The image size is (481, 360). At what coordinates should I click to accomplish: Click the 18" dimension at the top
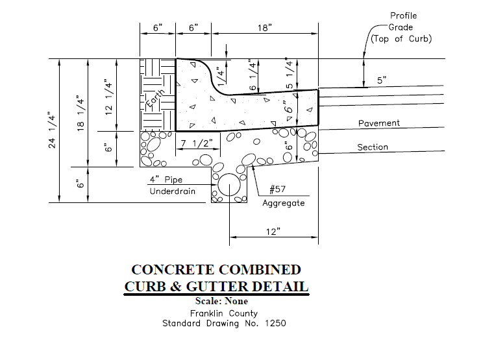click(265, 28)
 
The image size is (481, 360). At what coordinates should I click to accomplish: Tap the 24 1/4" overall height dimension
click(52, 130)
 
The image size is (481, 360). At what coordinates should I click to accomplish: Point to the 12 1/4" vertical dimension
click(109, 97)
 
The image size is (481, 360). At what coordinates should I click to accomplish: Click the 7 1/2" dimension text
click(197, 143)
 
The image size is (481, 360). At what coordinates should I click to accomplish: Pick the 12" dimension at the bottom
click(273, 231)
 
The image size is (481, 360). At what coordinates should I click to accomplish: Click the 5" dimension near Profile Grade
click(382, 80)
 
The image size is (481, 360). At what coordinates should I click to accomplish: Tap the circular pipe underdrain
click(229, 185)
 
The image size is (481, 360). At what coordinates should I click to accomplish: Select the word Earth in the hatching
click(155, 98)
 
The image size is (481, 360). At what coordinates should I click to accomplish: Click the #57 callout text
click(278, 189)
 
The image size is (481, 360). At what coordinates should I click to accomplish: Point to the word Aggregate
click(284, 203)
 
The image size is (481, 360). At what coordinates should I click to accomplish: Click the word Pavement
click(379, 123)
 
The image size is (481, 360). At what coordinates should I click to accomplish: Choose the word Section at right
click(373, 147)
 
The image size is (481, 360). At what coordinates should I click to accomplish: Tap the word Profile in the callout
click(403, 16)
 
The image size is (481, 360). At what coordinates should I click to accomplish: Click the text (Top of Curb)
click(401, 39)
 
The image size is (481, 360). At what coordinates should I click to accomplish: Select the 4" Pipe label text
click(166, 180)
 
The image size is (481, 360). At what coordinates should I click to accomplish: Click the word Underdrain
click(173, 191)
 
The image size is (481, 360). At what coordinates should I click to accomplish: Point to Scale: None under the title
click(221, 301)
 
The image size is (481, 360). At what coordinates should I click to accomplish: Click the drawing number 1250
click(275, 323)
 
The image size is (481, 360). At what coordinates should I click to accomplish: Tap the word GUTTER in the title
click(217, 287)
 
